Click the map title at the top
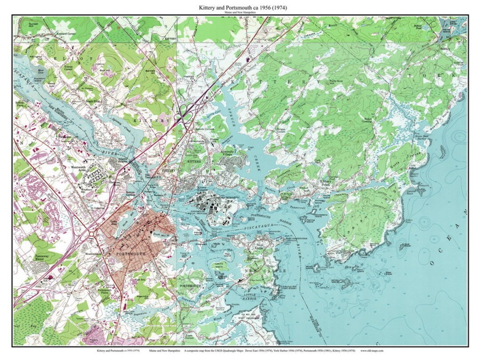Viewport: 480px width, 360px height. click(240, 8)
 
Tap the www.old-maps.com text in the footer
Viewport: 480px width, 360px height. click(373, 351)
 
